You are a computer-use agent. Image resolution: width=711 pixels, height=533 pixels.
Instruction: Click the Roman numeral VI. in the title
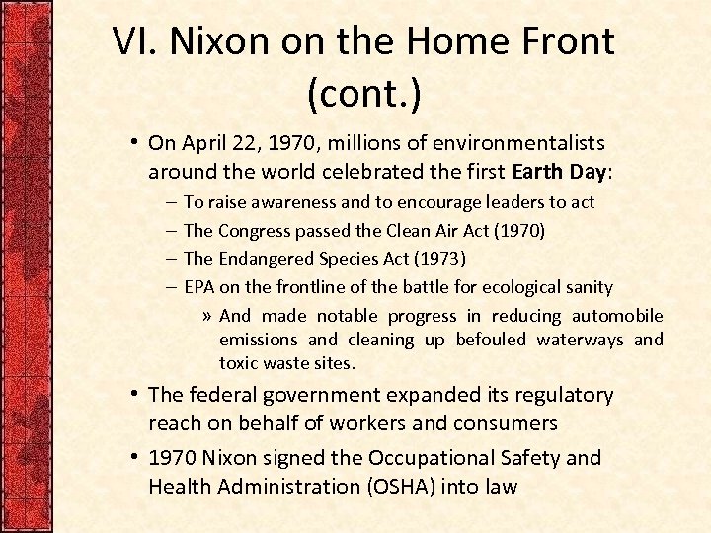click(134, 41)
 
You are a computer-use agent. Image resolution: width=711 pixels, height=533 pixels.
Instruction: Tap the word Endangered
click(264, 259)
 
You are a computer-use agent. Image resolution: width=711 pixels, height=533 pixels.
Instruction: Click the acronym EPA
click(199, 287)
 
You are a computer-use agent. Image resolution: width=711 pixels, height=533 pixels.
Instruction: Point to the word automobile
click(620, 316)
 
